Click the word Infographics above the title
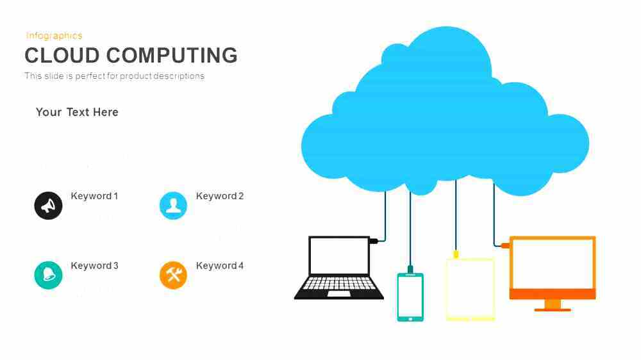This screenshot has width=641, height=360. [54, 36]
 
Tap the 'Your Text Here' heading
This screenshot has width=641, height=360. [77, 112]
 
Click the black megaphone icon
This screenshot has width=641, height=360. [48, 206]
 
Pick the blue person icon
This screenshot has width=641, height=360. [173, 206]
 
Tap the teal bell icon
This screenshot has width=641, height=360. [48, 275]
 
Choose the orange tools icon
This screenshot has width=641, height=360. [173, 275]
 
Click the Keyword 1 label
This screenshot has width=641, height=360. [94, 196]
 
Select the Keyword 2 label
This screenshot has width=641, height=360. [220, 196]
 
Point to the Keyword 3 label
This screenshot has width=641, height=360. [94, 266]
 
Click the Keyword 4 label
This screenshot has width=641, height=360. [220, 266]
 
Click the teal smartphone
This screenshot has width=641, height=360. [410, 297]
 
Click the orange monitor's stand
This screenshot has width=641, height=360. [553, 306]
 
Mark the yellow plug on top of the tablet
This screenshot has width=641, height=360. [456, 254]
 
